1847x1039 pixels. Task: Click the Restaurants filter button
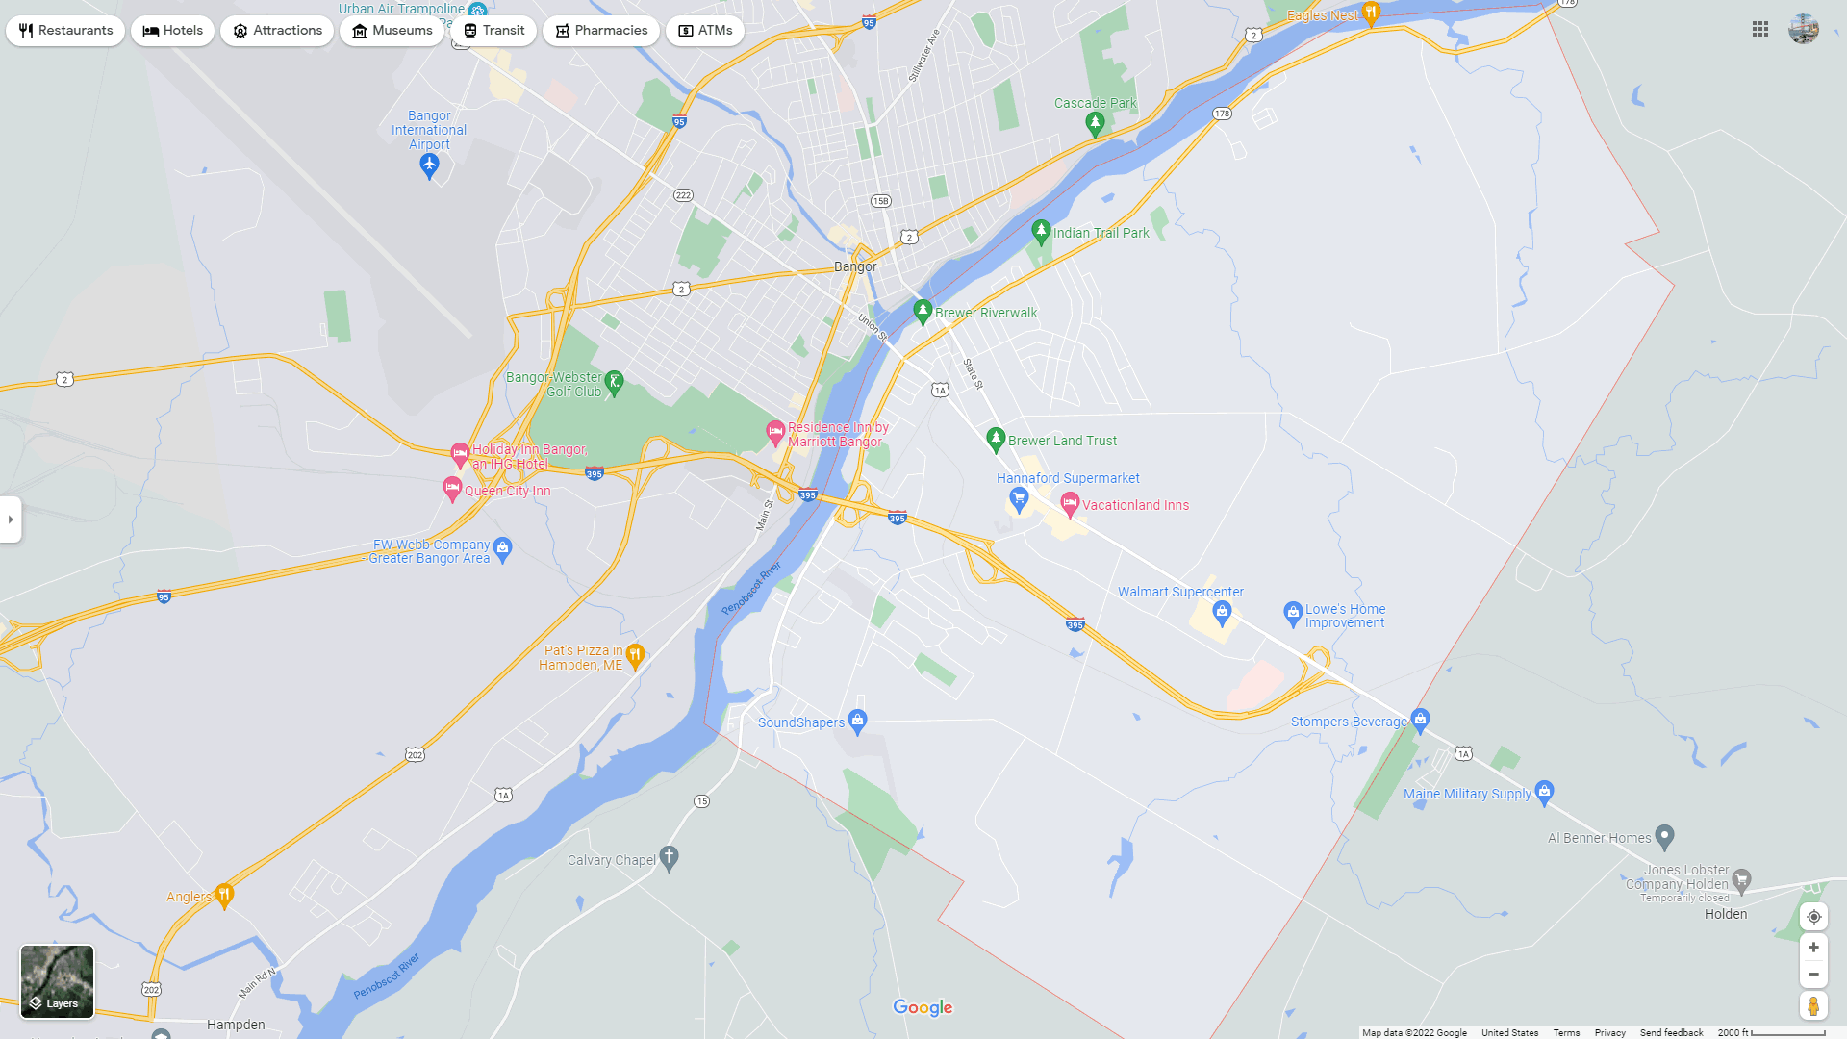65,31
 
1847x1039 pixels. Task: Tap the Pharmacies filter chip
601,31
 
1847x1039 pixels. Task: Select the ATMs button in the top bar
705,31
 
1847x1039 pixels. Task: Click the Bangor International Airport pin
429,165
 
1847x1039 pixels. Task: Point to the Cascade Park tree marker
1095,123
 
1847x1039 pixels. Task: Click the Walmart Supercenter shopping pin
1222,612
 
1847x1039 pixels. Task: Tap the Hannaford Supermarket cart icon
1019,498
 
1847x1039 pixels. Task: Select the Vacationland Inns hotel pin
1070,503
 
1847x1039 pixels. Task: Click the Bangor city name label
855,266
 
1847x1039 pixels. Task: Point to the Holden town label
1726,914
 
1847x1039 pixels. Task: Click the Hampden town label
236,1025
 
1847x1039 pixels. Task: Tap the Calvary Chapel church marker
670,858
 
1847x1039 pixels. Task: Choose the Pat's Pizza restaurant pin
635,656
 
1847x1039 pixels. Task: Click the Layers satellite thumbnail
58,981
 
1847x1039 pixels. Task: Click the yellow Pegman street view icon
1813,1006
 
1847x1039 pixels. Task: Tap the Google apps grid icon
1760,30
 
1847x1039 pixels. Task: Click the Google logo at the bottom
923,1007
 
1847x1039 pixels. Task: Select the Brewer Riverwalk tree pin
923,311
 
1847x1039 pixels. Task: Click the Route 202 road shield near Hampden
151,989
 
